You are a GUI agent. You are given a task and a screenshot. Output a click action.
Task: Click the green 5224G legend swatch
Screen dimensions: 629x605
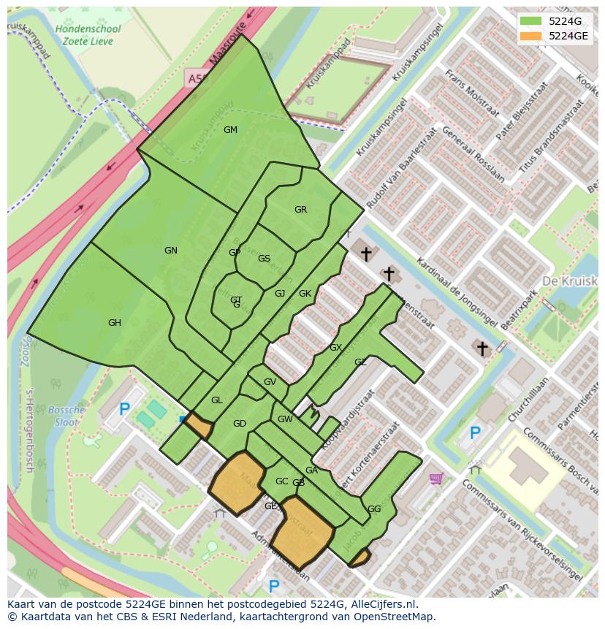coord(530,20)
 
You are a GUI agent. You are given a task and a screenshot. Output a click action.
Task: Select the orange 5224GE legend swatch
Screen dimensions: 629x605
coord(530,35)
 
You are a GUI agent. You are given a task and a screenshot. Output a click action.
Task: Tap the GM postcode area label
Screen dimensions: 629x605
coord(230,130)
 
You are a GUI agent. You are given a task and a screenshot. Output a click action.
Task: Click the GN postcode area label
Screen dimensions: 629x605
coord(170,251)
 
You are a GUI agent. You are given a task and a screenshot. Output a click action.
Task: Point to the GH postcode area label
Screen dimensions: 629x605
coord(115,323)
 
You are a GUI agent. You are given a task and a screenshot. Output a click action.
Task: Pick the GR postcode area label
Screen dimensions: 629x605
coord(300,210)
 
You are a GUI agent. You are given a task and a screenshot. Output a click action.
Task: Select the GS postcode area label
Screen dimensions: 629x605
coord(264,259)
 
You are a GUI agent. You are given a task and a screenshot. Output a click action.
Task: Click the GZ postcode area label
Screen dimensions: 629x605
coord(360,362)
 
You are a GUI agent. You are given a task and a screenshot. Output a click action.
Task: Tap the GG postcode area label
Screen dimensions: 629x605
coord(374,509)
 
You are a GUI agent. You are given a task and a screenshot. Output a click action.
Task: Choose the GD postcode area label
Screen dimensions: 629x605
coord(240,424)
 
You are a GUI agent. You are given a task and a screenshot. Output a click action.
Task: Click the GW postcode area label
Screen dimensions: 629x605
coord(285,419)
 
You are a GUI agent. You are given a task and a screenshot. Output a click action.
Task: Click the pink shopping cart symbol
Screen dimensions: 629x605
coord(437,479)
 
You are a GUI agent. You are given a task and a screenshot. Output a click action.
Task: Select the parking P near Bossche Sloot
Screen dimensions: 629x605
coord(125,411)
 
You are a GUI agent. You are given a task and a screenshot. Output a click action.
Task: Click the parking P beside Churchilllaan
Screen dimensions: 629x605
coord(475,433)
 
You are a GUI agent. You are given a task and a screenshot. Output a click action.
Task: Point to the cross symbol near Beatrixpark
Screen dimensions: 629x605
coord(482,348)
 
